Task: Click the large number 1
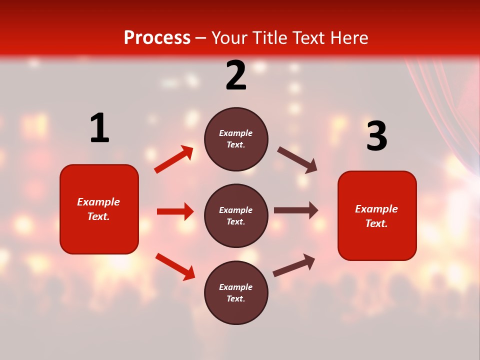point(99,128)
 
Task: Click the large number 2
point(236,75)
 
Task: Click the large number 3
point(376,136)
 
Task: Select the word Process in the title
point(157,38)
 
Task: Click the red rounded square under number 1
point(99,209)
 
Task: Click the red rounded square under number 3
point(377,215)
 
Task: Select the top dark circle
point(236,139)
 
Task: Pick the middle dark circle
point(236,215)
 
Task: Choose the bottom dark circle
point(236,292)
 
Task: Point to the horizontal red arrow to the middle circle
point(175,211)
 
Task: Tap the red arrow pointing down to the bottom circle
point(175,266)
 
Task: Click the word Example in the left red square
point(98,202)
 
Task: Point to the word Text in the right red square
point(375,223)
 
